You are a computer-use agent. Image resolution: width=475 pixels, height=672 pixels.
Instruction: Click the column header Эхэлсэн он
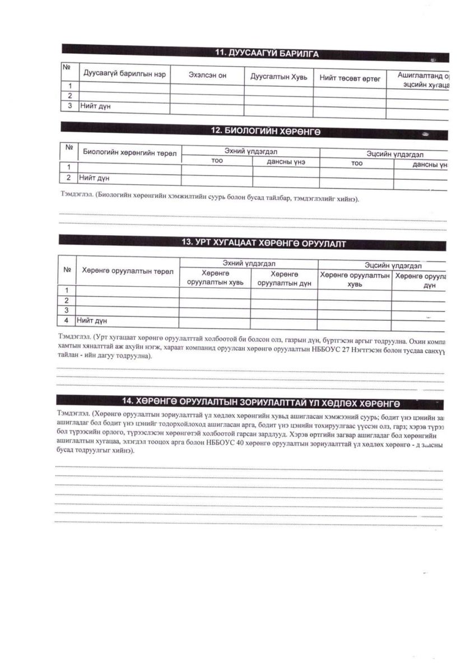(207, 76)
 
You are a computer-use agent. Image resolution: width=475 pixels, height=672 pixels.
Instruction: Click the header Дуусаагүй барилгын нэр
(124, 74)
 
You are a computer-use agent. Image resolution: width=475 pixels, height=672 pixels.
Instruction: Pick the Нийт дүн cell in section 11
(92, 105)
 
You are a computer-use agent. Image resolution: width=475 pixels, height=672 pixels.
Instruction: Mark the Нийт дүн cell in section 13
(92, 320)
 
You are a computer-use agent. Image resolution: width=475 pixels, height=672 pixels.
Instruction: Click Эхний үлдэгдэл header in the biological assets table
(250, 151)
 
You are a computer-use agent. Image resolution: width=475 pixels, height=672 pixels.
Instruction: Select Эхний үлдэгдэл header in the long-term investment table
(249, 263)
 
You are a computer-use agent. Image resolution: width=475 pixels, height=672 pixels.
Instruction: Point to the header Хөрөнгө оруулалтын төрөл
(128, 271)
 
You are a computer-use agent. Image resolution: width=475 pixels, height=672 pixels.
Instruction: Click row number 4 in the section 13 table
(67, 320)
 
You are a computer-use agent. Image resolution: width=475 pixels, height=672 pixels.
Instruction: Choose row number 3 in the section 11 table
(69, 105)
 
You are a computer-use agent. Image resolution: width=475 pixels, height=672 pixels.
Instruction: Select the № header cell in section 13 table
(67, 270)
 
